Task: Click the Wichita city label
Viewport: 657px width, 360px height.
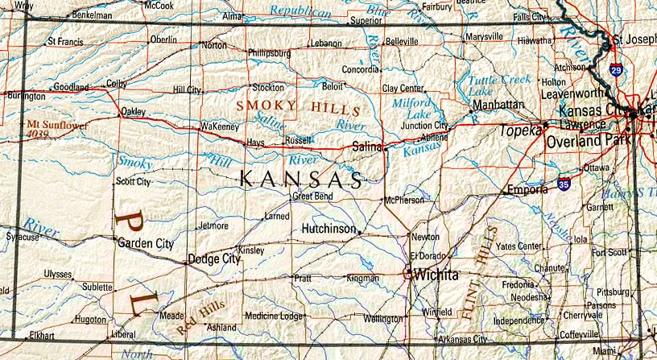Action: pyautogui.click(x=436, y=275)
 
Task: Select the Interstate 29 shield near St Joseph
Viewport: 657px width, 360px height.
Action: pyautogui.click(x=615, y=70)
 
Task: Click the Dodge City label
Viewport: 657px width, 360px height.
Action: pyautogui.click(x=213, y=259)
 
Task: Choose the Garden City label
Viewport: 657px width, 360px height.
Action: pyautogui.click(x=145, y=242)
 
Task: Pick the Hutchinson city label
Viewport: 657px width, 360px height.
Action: pyautogui.click(x=328, y=229)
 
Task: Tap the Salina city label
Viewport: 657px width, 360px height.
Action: pyautogui.click(x=367, y=146)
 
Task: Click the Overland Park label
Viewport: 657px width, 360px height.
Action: pyautogui.click(x=585, y=141)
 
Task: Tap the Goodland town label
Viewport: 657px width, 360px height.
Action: pyautogui.click(x=72, y=87)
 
